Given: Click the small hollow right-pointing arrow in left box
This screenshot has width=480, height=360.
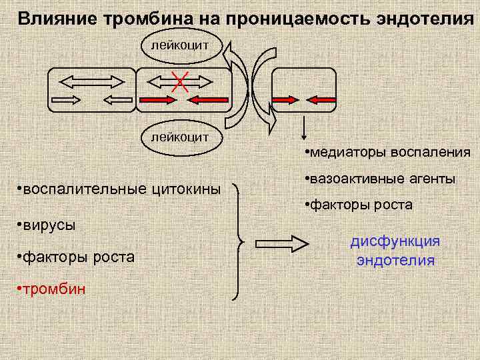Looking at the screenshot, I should coord(66,101).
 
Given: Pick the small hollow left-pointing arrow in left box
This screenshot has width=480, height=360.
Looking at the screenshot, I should coord(118,101).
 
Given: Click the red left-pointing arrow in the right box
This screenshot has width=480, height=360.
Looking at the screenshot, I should coord(321,100).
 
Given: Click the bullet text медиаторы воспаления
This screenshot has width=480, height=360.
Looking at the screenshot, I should coord(387,153).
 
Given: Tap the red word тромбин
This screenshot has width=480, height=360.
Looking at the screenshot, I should coord(51,289).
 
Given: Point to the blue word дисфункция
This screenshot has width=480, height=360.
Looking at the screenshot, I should coord(395,241).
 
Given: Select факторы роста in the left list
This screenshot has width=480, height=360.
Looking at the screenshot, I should coord(76,257).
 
